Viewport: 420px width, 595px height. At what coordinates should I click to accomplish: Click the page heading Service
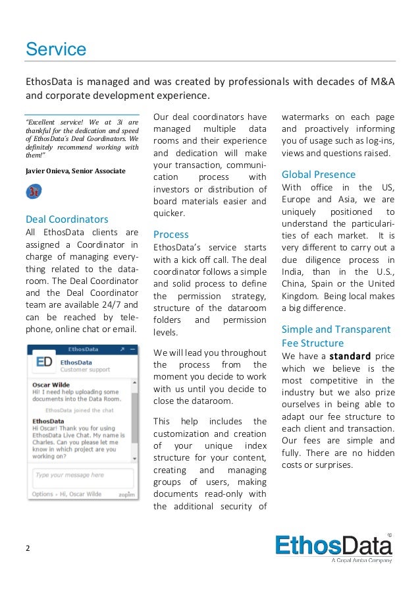(55, 49)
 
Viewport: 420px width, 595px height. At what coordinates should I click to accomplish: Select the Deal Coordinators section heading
(66, 219)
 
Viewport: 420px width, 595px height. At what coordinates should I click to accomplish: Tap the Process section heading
(171, 234)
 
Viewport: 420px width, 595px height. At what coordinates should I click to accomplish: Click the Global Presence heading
(318, 175)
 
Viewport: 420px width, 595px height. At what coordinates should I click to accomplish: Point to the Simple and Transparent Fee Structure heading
(336, 336)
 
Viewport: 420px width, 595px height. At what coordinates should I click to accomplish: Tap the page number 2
(28, 548)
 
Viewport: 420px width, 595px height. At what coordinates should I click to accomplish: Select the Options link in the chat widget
(42, 494)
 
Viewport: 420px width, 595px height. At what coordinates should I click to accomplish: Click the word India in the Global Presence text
(295, 271)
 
